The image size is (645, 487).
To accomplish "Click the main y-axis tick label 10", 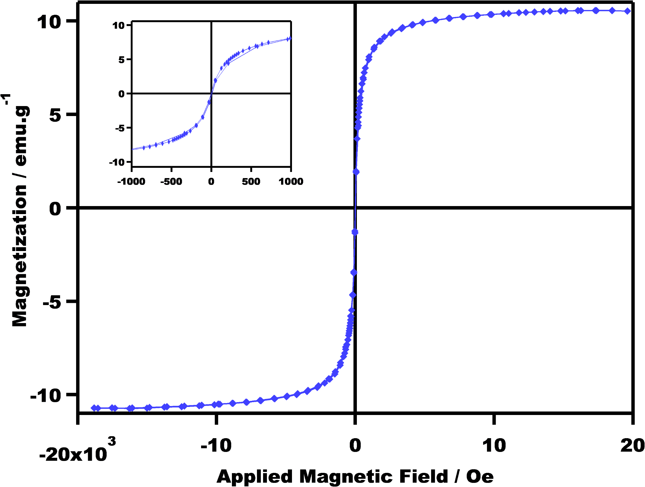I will pos(49,22).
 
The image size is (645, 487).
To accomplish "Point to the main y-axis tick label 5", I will pos(55,115).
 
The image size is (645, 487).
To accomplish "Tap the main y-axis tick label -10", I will pos(45,395).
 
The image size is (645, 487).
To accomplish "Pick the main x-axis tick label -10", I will pos(216,446).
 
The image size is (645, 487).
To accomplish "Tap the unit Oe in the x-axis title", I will pos(480,476).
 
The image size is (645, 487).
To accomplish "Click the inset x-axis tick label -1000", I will pos(131,182).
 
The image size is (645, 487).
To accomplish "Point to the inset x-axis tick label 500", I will pos(251,182).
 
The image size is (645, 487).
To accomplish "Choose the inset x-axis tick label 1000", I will pos(291,182).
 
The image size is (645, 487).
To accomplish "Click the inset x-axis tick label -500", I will pos(171,182).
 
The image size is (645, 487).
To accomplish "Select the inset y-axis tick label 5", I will pos(121,59).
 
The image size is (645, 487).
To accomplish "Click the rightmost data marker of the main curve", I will pos(627,11).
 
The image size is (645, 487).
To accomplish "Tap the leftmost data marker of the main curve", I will pos(94,408).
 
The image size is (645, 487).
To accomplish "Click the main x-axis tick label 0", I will pos(355,446).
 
